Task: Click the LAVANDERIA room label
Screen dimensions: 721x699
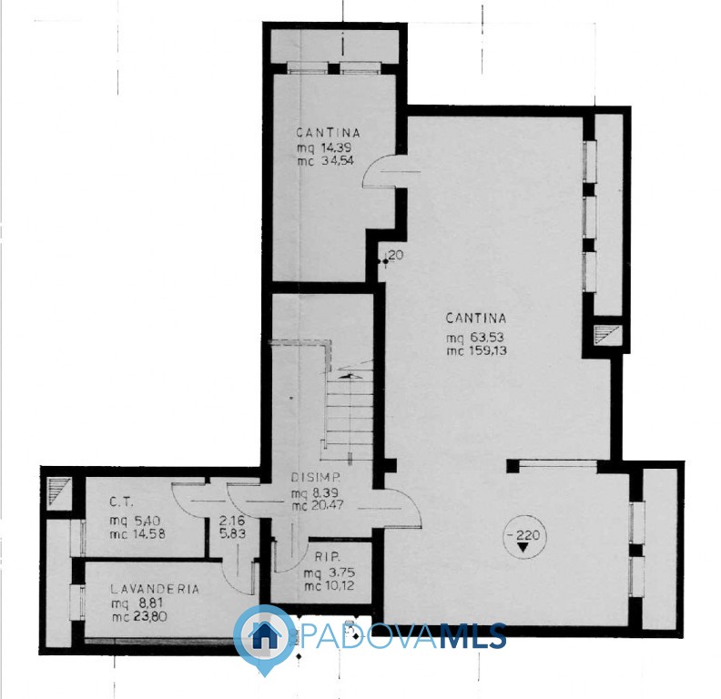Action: coord(155,589)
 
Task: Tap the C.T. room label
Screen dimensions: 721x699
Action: coord(121,502)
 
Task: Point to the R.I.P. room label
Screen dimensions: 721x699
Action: coord(328,557)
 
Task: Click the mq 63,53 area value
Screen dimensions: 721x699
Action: coord(476,338)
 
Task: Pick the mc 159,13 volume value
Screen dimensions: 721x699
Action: coord(476,351)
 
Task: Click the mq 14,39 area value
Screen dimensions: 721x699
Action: coord(324,147)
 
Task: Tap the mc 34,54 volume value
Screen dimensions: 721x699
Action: coord(325,160)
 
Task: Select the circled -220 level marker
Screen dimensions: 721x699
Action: coord(523,537)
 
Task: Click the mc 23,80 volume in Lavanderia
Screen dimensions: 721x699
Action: coord(139,616)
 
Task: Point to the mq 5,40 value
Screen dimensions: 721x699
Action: coord(135,521)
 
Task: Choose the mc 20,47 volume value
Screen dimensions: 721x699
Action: coord(318,505)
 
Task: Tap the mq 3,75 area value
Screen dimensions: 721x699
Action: coord(329,573)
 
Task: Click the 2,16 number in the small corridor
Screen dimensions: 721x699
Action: coord(232,521)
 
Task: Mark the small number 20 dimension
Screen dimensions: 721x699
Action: coord(396,254)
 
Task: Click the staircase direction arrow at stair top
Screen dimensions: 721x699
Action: coord(350,376)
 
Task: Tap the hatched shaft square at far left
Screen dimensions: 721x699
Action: coord(59,491)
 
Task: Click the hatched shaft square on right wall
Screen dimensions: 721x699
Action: coord(607,334)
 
